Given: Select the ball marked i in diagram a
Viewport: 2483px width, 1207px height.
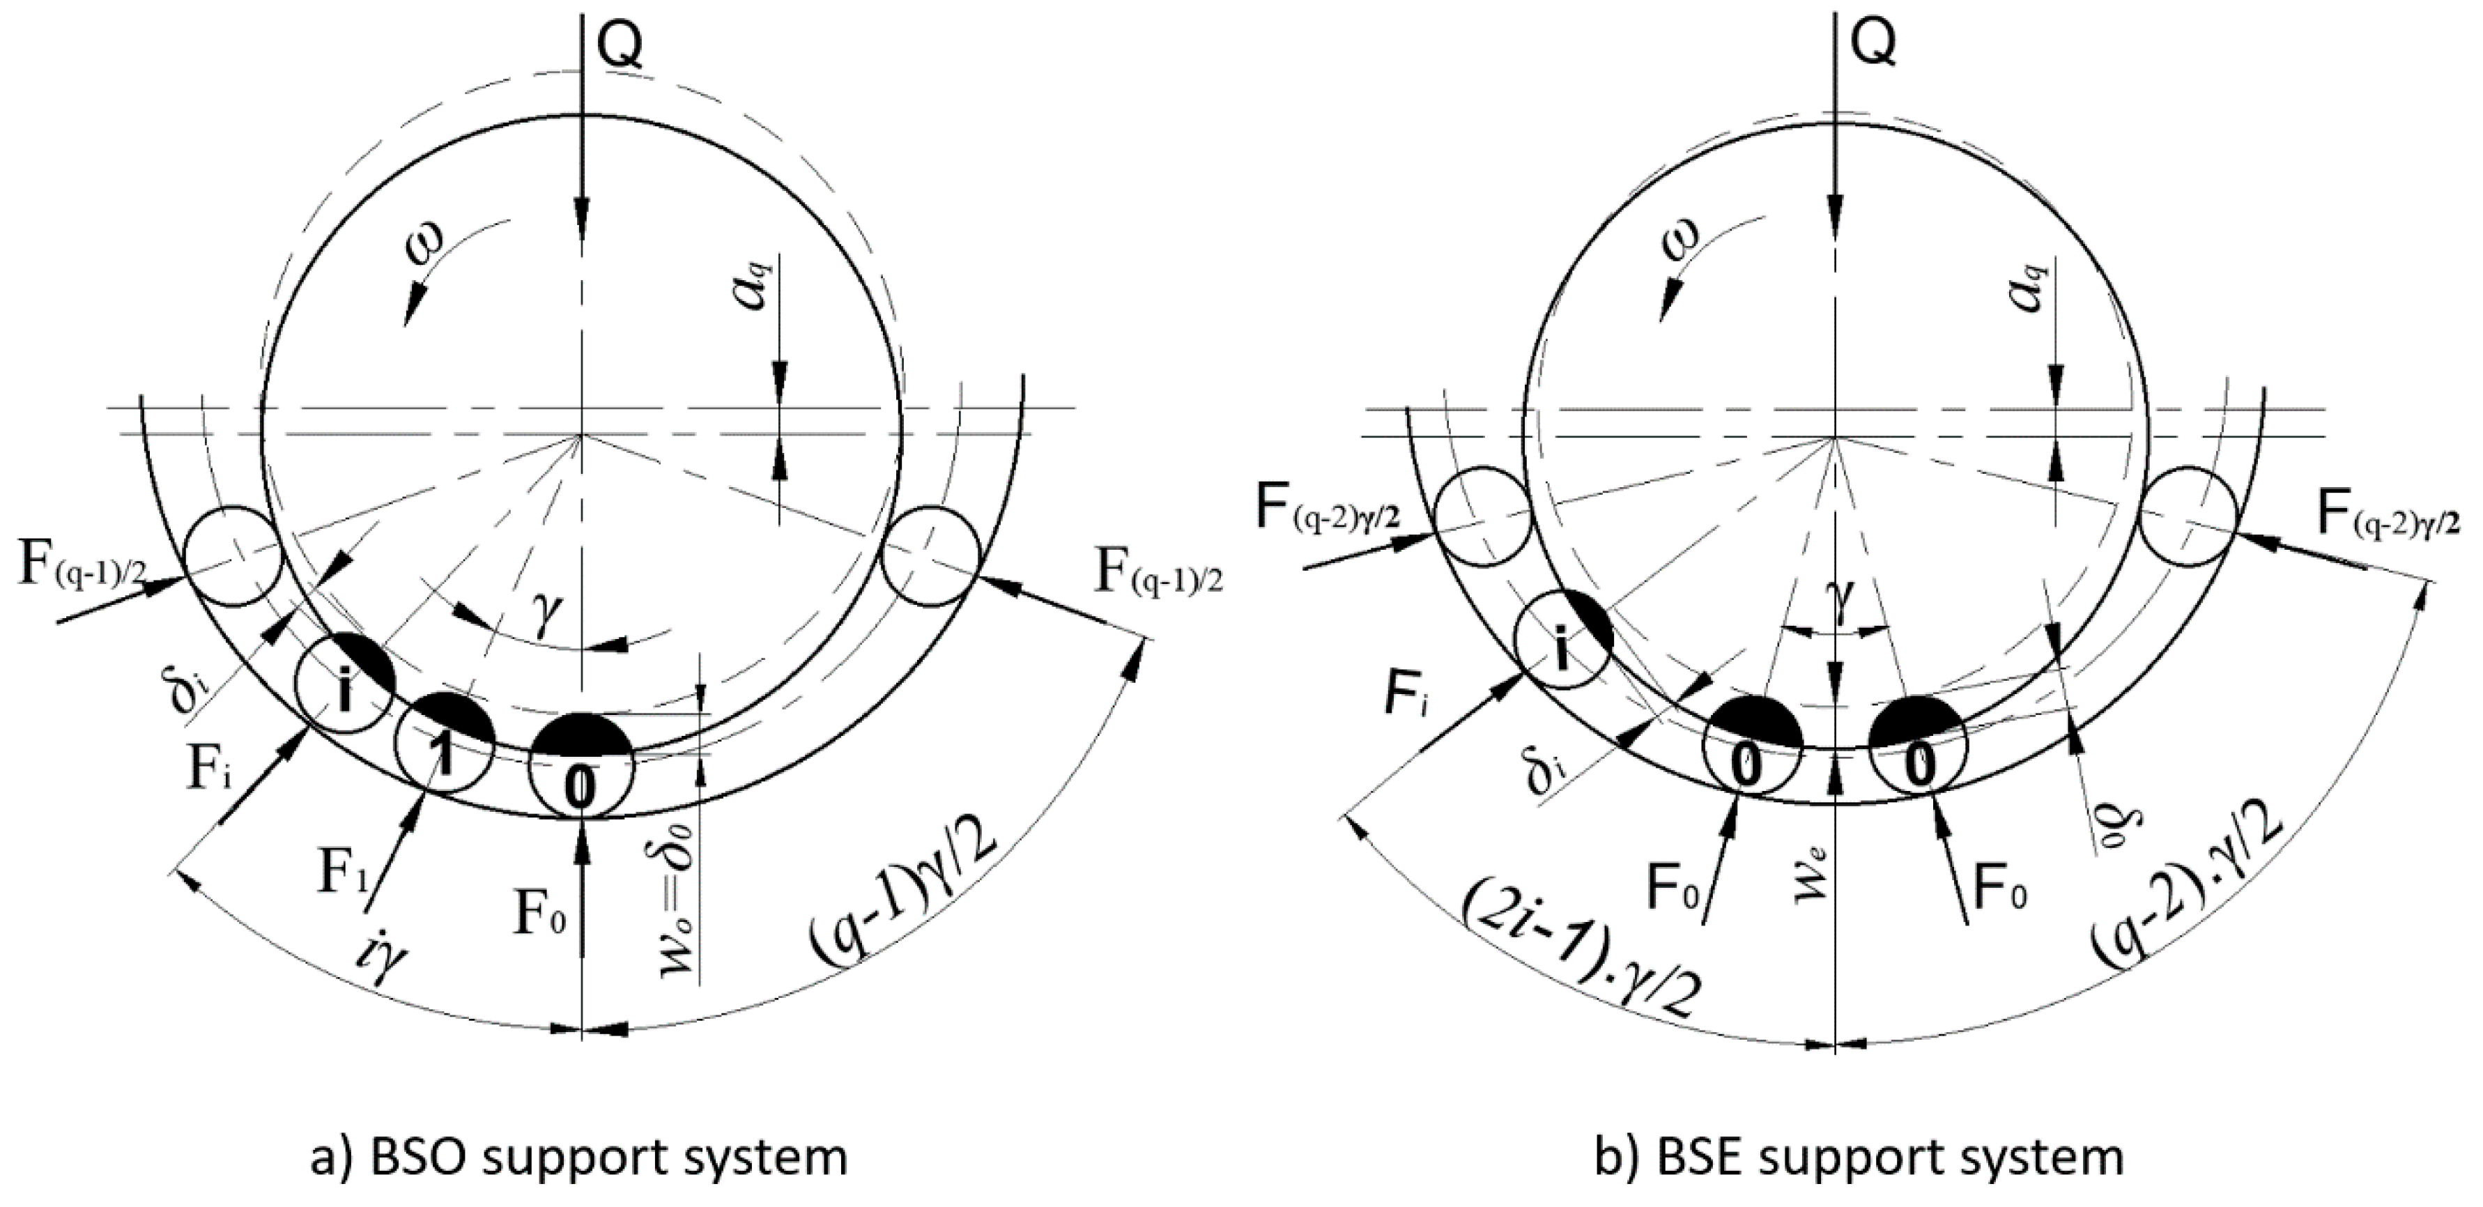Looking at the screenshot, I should tap(343, 686).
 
